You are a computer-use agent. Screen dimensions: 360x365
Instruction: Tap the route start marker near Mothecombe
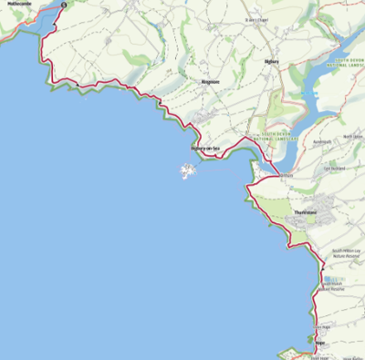(x=64, y=5)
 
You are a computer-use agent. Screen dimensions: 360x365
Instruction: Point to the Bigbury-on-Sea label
(x=205, y=148)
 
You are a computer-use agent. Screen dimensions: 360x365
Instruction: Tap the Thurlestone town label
(x=306, y=212)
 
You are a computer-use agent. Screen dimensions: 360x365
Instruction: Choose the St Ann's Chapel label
(x=260, y=20)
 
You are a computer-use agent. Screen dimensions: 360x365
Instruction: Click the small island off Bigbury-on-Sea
(x=190, y=170)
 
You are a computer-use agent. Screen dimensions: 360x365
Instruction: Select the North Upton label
(x=352, y=137)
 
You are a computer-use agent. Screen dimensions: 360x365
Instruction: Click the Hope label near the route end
(x=319, y=343)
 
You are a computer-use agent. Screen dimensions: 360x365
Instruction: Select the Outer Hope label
(x=320, y=326)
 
